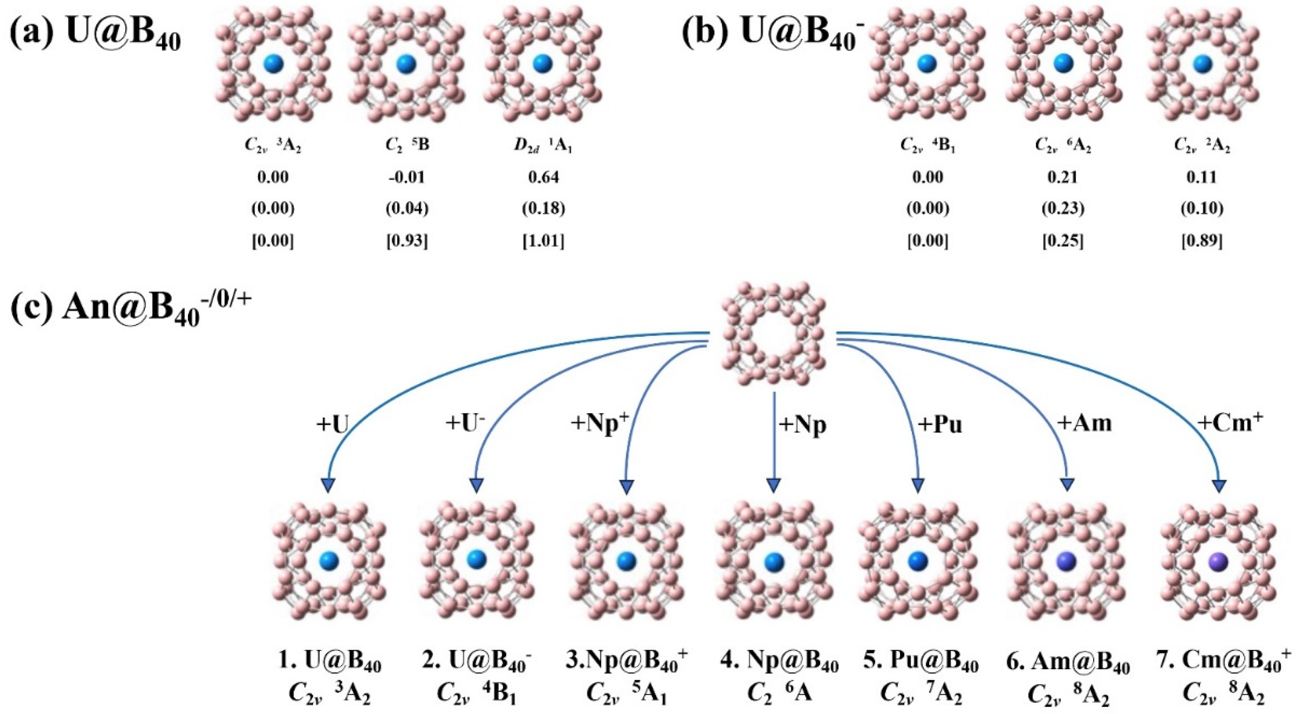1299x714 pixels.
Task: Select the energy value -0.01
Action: [x=407, y=177]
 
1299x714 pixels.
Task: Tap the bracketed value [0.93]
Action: [x=407, y=242]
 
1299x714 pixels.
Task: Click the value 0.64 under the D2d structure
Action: [x=543, y=177]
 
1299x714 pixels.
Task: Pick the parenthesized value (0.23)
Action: [x=1063, y=209]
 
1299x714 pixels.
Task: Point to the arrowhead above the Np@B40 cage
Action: [x=773, y=485]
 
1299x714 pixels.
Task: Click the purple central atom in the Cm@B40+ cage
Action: [x=1219, y=561]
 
